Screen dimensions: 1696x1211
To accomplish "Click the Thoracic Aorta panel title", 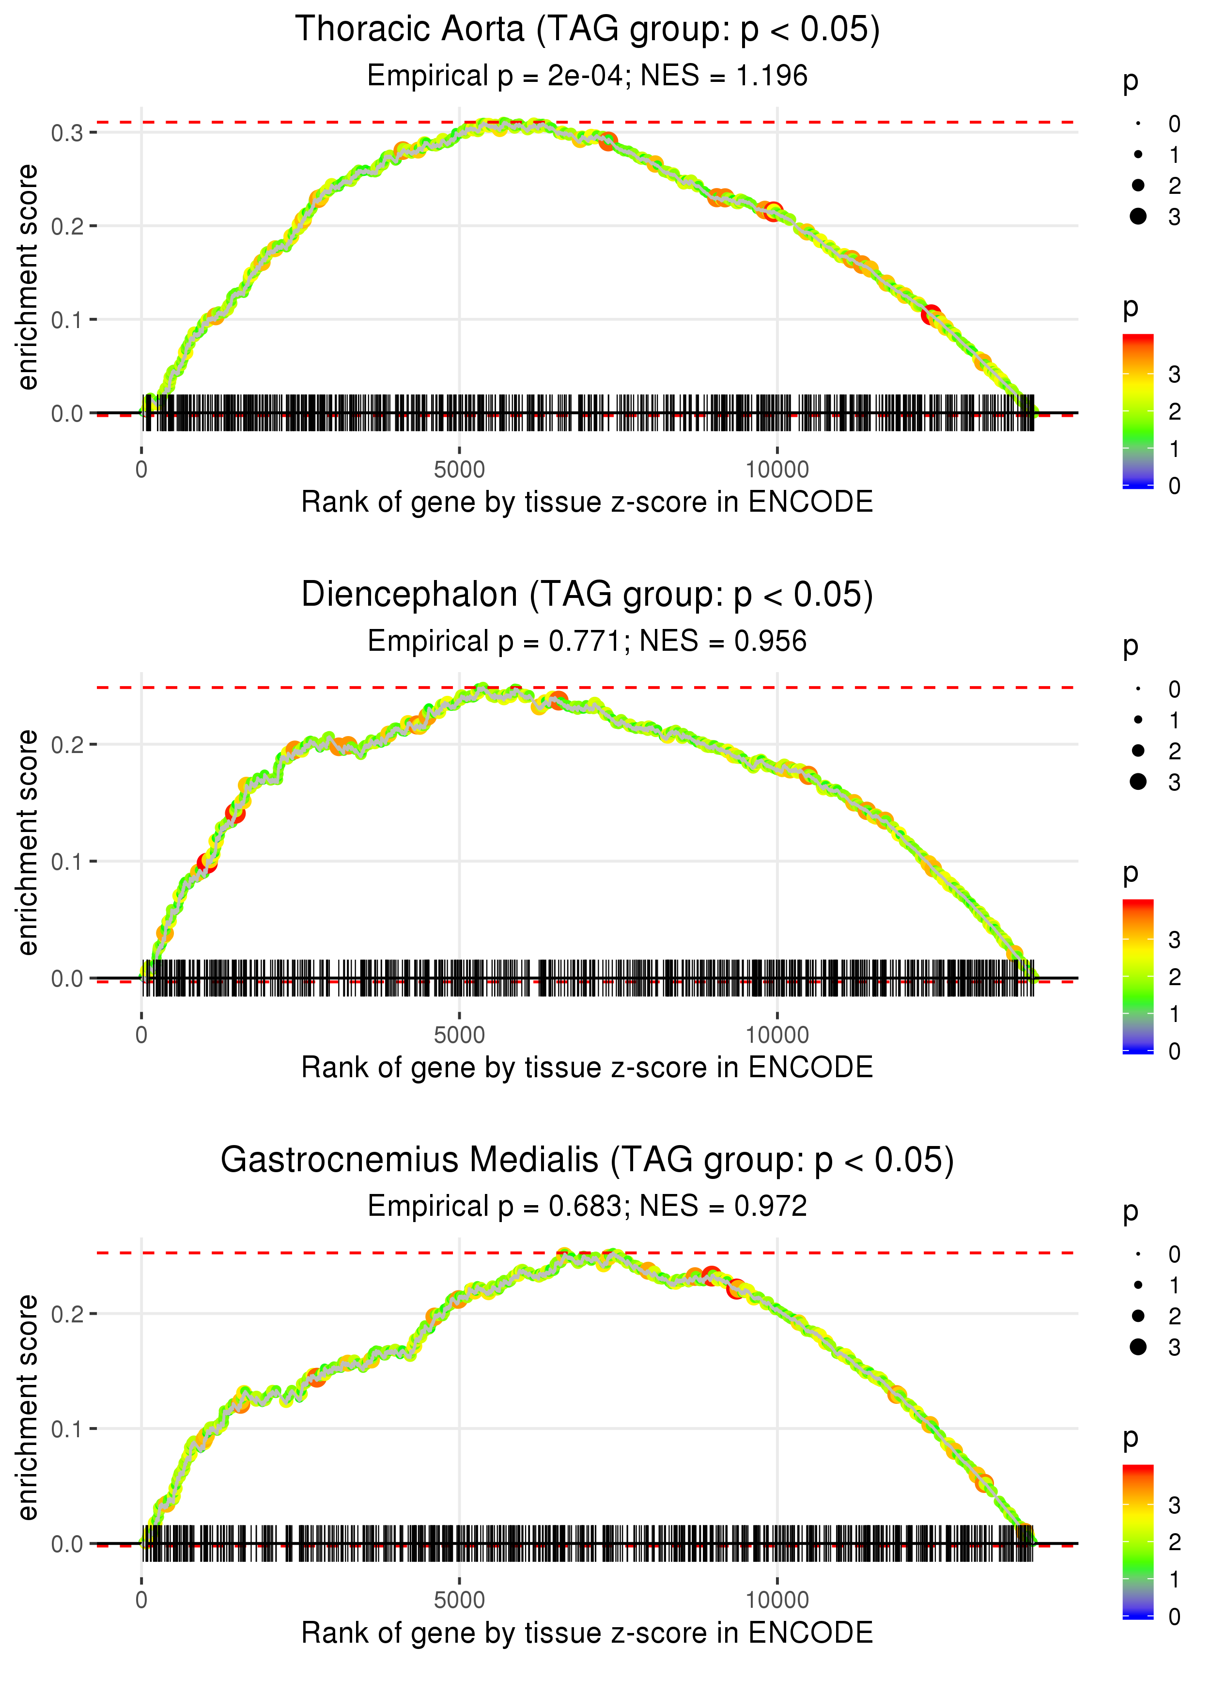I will click(587, 30).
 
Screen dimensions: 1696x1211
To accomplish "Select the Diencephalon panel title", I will click(587, 595).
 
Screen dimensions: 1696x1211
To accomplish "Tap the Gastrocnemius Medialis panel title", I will click(587, 1161).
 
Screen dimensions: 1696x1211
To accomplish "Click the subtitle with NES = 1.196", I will click(587, 76).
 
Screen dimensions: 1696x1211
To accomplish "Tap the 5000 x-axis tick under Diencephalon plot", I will click(459, 1035).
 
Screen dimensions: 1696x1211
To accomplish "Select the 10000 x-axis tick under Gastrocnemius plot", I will click(777, 1601).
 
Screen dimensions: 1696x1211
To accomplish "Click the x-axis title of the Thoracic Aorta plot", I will click(587, 502).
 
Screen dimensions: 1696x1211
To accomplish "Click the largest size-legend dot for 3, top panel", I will click(1138, 216).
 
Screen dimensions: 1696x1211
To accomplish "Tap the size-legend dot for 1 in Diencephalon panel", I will click(1138, 720).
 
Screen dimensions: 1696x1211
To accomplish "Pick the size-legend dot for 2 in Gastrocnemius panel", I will click(1138, 1316).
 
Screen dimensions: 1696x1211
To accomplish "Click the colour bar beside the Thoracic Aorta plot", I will click(1138, 411).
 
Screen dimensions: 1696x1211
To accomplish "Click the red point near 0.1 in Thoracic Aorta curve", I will click(931, 315).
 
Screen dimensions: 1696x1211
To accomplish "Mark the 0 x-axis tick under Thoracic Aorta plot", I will click(141, 470).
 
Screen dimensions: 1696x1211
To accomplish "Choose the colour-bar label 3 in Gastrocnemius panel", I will click(1175, 1505).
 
